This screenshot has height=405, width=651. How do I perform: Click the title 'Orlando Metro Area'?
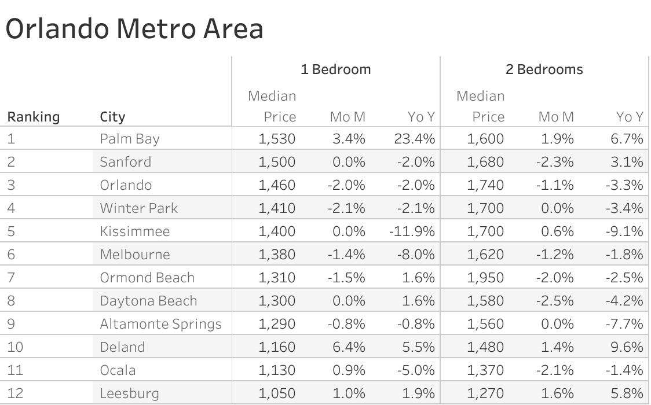point(134,29)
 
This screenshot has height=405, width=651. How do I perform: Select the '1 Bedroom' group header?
point(335,69)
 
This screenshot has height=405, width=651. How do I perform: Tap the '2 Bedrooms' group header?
point(544,69)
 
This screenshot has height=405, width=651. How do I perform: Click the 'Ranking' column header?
point(34,117)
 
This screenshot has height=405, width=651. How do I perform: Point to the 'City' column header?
point(112,117)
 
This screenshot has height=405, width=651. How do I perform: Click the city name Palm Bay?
point(129,139)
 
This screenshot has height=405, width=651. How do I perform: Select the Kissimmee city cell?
point(135,231)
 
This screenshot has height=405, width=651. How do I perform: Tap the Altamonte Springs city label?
point(160,324)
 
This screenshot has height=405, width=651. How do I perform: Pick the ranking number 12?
point(16,393)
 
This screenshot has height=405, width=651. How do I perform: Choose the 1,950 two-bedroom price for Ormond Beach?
point(486,278)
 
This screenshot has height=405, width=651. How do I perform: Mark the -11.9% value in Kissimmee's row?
point(412,231)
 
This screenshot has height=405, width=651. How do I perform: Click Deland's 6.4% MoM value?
point(349,347)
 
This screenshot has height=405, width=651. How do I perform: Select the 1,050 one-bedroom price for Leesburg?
point(277,393)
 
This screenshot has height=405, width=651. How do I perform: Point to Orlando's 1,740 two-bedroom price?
point(486,185)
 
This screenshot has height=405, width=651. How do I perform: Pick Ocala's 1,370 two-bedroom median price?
point(486,370)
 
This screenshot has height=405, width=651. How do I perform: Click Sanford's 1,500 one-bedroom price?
point(277,162)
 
